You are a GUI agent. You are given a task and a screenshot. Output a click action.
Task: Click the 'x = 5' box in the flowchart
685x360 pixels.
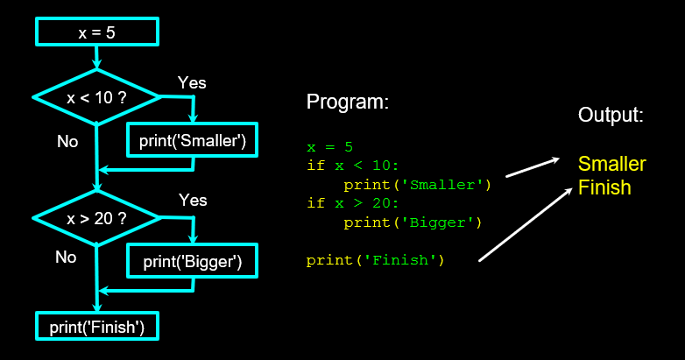point(96,32)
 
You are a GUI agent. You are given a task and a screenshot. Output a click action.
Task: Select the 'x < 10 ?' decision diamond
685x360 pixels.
point(96,97)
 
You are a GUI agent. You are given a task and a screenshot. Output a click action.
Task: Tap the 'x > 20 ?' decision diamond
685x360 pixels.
point(96,217)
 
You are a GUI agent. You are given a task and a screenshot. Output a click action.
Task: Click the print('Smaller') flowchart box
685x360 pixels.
point(194,140)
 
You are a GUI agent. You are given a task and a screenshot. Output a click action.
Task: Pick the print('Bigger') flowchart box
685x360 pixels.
point(192,260)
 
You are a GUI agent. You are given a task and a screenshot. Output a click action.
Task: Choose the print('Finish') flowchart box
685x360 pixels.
point(96,328)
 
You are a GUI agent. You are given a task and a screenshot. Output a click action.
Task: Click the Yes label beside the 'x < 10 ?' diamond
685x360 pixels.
point(192,82)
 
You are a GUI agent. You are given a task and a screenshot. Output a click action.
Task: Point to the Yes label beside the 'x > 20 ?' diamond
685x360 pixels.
point(193,201)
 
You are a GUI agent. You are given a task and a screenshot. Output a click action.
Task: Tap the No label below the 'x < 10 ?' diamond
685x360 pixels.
point(67,141)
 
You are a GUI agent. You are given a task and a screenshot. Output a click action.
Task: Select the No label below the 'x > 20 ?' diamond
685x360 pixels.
point(66,257)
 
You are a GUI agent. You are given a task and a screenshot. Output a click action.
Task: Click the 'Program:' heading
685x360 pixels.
point(347,102)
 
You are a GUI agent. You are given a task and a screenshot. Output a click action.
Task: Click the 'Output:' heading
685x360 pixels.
point(611,115)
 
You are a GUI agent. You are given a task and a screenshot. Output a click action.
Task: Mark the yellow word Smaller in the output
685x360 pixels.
point(612,164)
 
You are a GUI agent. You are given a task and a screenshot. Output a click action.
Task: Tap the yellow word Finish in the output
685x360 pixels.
point(604,187)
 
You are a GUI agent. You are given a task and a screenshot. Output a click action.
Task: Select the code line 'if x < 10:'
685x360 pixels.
point(353,166)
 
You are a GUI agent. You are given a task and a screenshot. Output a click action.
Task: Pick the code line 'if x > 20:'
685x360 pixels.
point(353,203)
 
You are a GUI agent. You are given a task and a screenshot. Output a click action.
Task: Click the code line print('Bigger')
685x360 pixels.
point(413,222)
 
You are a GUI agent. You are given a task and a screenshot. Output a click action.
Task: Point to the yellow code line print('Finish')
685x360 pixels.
point(376,260)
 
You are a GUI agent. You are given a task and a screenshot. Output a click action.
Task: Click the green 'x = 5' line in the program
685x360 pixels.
point(330,146)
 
